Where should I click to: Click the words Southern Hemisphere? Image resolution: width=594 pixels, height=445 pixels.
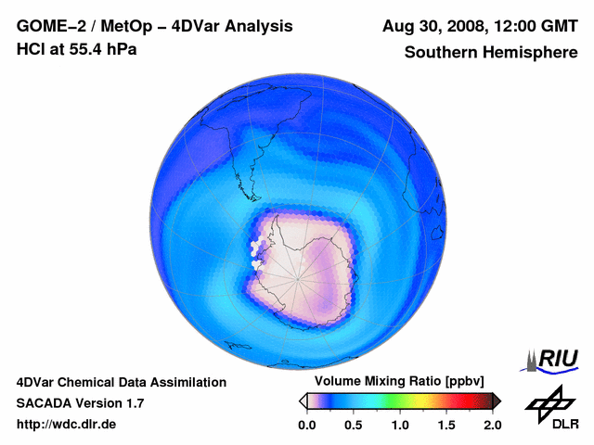pos(491,52)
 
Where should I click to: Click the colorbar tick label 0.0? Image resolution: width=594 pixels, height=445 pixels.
pos(306,425)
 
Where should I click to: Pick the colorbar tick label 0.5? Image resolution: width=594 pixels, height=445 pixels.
pos(353,425)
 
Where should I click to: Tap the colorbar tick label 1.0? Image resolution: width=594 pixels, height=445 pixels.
pos(400,425)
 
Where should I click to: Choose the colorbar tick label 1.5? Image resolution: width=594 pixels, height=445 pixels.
pos(446,425)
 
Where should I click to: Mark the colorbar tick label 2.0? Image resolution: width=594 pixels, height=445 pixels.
pos(492,425)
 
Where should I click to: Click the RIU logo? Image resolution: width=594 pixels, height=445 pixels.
pos(552,360)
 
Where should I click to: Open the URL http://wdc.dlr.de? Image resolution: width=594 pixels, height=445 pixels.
pos(67,425)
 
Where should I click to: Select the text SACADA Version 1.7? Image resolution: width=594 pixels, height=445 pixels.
pos(80,403)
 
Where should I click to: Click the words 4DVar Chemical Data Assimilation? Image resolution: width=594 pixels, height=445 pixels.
pos(122,382)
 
